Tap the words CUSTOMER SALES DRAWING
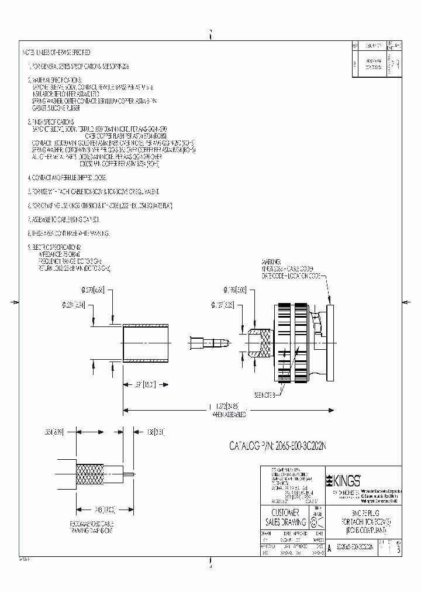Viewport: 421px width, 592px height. [x=287, y=518]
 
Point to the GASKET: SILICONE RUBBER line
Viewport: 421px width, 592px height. [x=56, y=108]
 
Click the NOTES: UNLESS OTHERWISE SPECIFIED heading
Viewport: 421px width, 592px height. [x=56, y=53]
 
